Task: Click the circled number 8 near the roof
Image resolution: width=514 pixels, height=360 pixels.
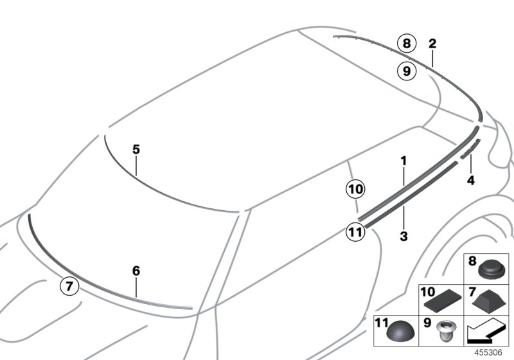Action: tap(405, 44)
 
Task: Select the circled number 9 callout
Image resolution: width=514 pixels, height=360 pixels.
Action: tap(405, 71)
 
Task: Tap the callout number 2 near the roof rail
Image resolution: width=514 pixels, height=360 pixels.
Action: tap(432, 44)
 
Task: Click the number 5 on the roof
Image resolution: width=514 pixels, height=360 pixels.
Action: tap(136, 149)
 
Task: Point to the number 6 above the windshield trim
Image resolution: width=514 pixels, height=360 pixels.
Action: tap(136, 271)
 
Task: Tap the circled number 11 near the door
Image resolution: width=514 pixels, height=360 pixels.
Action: tap(355, 232)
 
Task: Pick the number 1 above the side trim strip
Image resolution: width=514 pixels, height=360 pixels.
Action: tap(403, 160)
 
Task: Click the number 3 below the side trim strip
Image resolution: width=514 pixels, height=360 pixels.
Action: tap(403, 237)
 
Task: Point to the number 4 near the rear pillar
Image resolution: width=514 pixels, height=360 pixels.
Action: tap(470, 181)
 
